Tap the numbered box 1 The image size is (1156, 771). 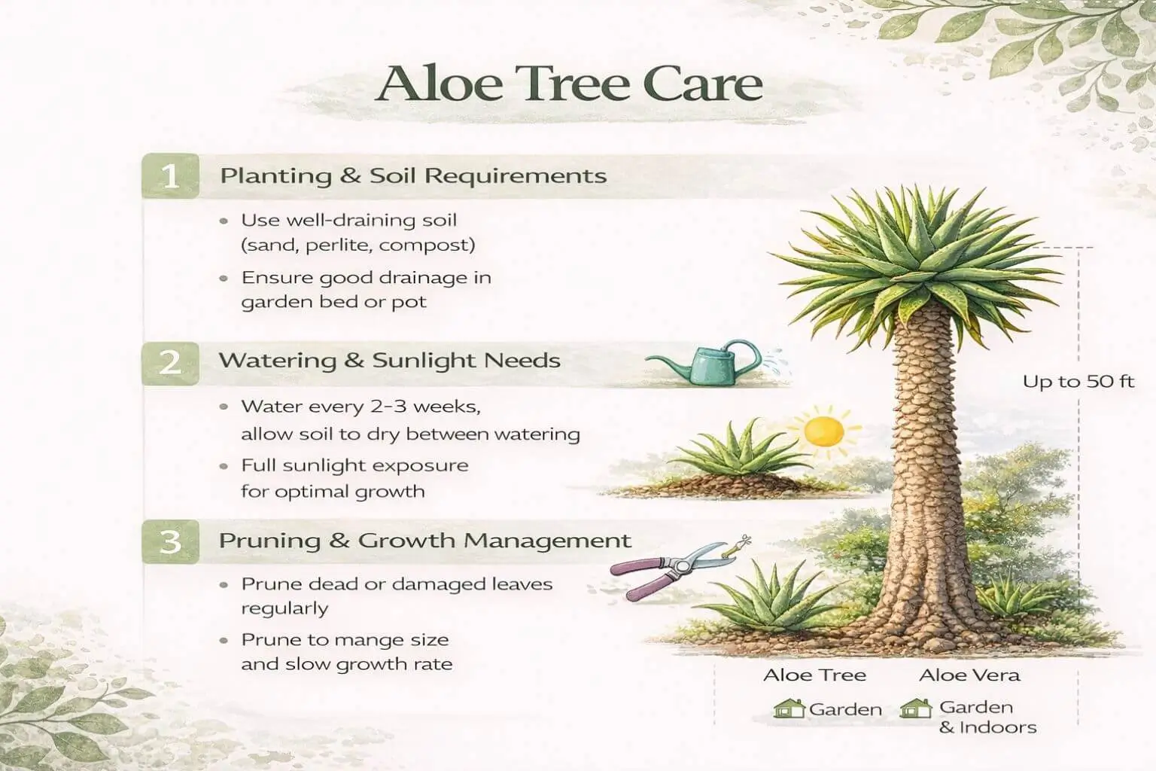[171, 176]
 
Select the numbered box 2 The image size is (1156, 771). [171, 362]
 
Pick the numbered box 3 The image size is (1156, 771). [171, 541]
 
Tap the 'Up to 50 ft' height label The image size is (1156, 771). [1078, 382]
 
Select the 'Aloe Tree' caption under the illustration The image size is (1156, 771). [814, 675]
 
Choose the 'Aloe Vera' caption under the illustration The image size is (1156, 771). [969, 675]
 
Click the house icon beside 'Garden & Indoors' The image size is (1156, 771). [916, 709]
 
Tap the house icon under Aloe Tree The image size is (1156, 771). [789, 709]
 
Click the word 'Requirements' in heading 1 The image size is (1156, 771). [516, 176]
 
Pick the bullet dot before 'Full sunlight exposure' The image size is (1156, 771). [224, 466]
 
